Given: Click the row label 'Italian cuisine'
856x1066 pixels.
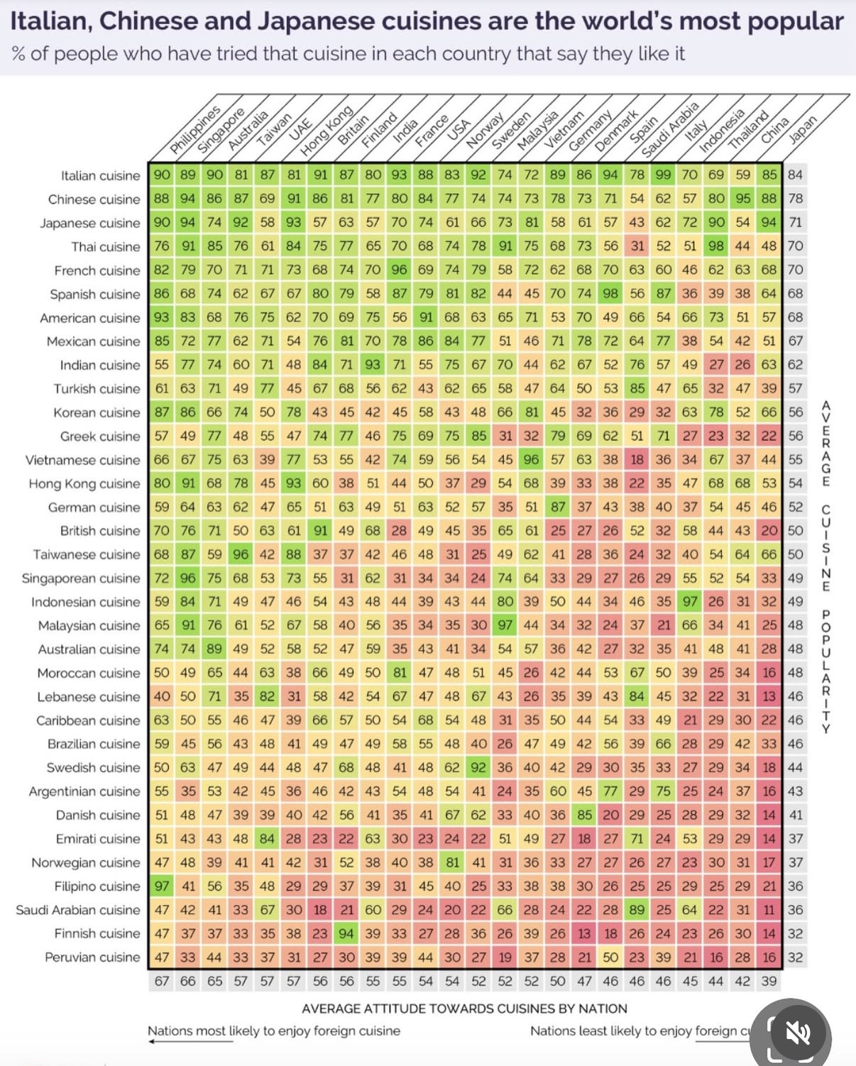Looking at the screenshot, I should (x=100, y=175).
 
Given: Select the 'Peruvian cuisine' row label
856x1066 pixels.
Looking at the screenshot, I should (x=92, y=957).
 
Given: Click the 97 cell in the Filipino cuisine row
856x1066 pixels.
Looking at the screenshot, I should (x=162, y=886).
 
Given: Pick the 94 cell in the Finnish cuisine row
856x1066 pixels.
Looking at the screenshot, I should (x=346, y=933).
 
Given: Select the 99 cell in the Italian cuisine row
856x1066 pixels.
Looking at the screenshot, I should (x=663, y=175).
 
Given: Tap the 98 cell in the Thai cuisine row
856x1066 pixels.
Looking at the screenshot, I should (x=716, y=246).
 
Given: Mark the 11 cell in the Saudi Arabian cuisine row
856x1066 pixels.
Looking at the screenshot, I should (x=769, y=910).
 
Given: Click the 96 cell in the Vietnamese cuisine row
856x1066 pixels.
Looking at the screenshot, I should (x=531, y=460).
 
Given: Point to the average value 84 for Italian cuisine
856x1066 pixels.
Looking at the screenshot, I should (x=795, y=175).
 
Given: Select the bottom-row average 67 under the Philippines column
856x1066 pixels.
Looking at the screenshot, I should (x=162, y=982).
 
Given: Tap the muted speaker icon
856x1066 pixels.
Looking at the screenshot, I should (x=799, y=1033).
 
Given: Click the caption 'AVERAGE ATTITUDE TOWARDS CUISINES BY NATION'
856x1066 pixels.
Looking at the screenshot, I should (x=464, y=1009).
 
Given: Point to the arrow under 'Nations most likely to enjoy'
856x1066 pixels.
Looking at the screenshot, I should (x=190, y=1042).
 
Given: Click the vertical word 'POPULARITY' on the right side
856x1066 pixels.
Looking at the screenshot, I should (x=825, y=671).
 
